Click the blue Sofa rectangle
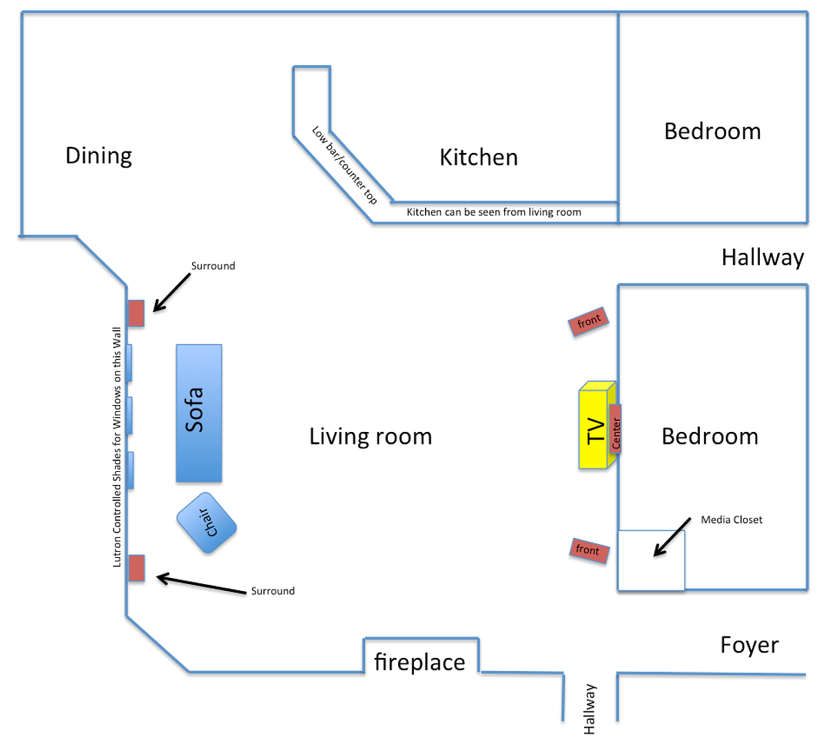pos(198,412)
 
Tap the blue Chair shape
pos(207,523)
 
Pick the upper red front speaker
pos(588,322)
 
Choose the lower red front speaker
pos(589,550)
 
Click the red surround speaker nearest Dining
pos(136,313)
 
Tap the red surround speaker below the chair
pos(136,568)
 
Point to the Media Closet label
pos(732,520)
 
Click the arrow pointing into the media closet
pos(672,537)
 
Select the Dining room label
pos(99,156)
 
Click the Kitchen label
pos(479,158)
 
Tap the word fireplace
pos(419,662)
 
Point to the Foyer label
pos(749,645)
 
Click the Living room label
pos(371,436)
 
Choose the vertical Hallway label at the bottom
pos(590,708)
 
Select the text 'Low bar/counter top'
pos(344,165)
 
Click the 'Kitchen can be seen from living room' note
pos(494,212)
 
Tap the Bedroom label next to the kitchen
pos(712,132)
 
